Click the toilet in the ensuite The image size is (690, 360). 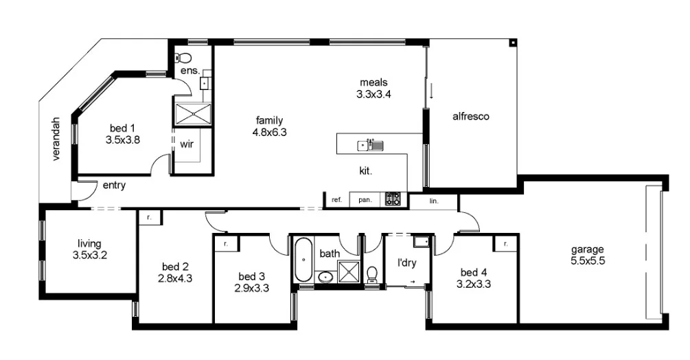183,58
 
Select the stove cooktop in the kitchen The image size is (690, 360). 392,199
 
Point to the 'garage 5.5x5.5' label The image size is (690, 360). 588,255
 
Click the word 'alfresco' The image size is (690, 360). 470,117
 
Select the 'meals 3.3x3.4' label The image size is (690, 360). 374,89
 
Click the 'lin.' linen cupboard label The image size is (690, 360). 433,201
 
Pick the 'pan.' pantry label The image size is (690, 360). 365,200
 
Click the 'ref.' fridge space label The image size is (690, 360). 336,200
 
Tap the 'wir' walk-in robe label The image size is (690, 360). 187,145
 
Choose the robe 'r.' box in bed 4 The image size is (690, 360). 505,243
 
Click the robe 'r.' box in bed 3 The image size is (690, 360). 225,243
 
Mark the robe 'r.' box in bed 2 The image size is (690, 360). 150,218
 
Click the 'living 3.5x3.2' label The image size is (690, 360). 89,249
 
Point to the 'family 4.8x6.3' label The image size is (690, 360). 268,126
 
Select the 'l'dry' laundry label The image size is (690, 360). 408,262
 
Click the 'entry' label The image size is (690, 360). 114,185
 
